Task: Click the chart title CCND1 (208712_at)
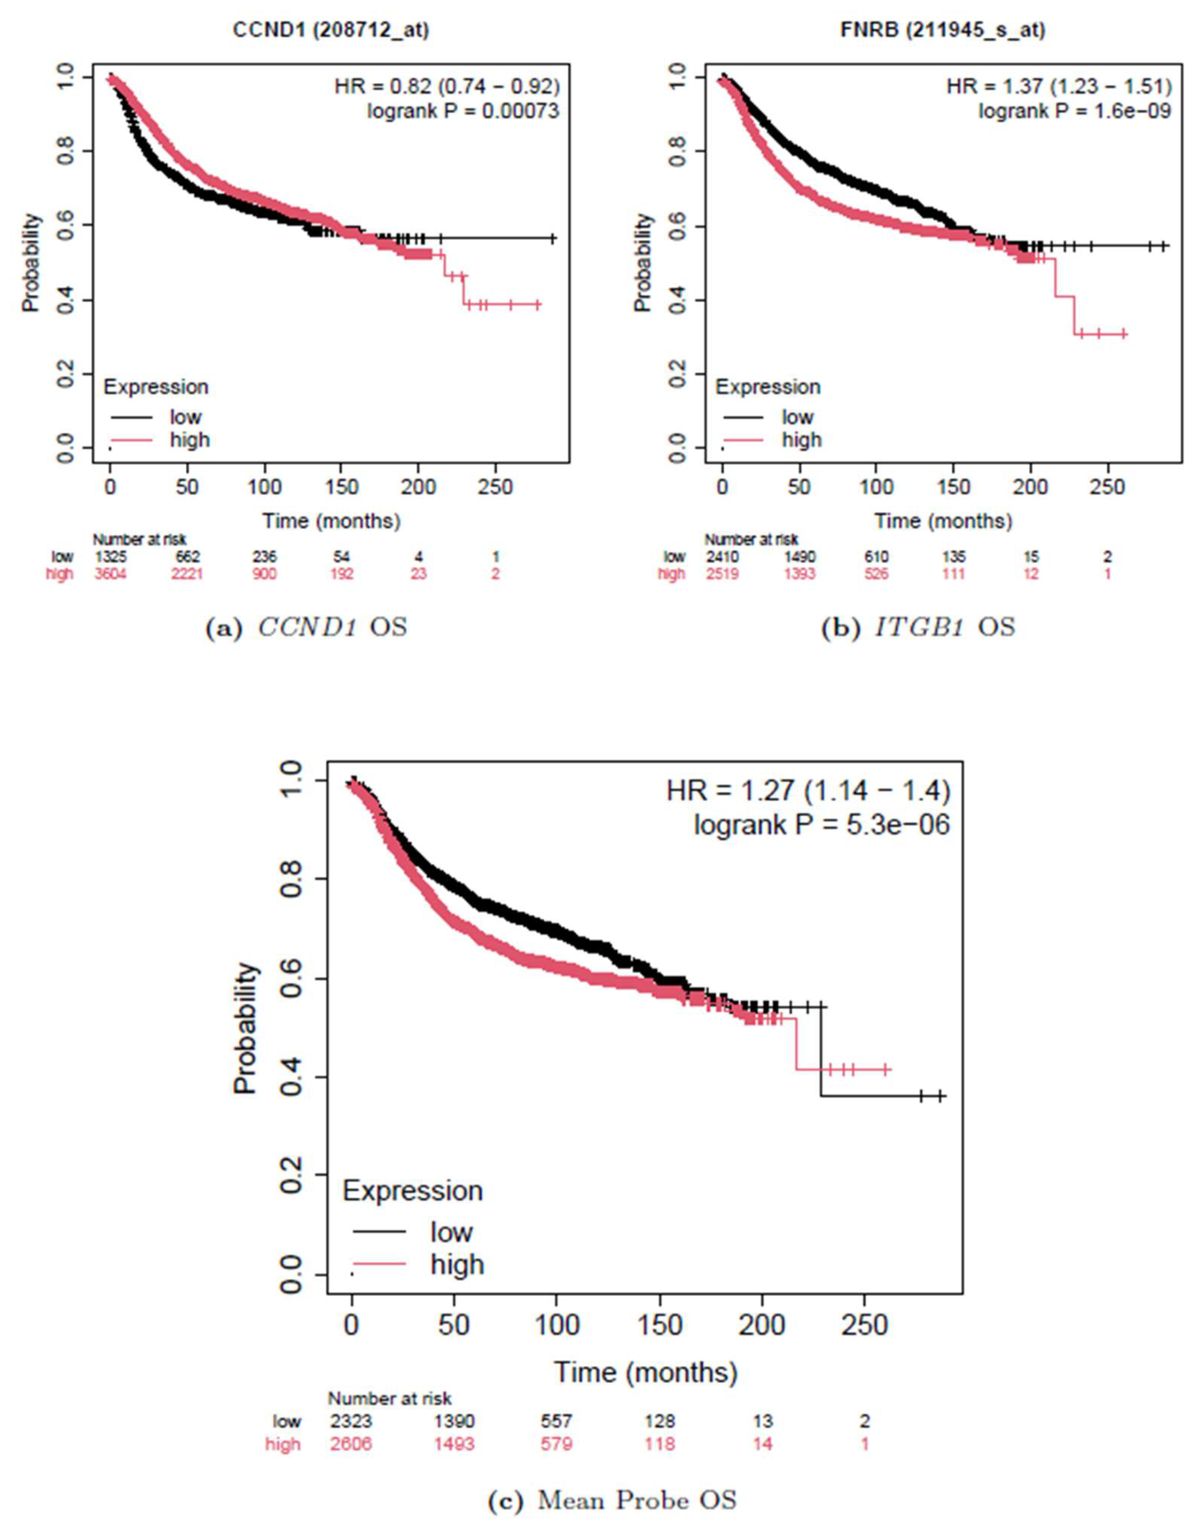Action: pos(331,30)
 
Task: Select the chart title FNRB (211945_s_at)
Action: pos(943,30)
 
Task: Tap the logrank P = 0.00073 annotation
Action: pos(463,111)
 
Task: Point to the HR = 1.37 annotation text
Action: pos(994,85)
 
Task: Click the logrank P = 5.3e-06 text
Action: pos(821,825)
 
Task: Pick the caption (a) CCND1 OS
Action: pos(306,627)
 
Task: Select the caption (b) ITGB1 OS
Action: pos(918,627)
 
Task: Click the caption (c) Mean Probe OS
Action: pos(612,1500)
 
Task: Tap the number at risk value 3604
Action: pos(111,574)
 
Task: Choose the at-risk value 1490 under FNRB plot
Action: pos(800,557)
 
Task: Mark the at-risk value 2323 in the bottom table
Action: pos(350,1421)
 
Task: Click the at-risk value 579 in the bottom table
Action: pos(556,1443)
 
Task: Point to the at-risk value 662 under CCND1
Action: pos(187,557)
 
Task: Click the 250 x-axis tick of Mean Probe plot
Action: pos(864,1325)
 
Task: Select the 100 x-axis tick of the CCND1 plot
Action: pos(265,486)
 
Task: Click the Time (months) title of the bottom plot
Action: pos(646,1372)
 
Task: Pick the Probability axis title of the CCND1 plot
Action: pos(31,262)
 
